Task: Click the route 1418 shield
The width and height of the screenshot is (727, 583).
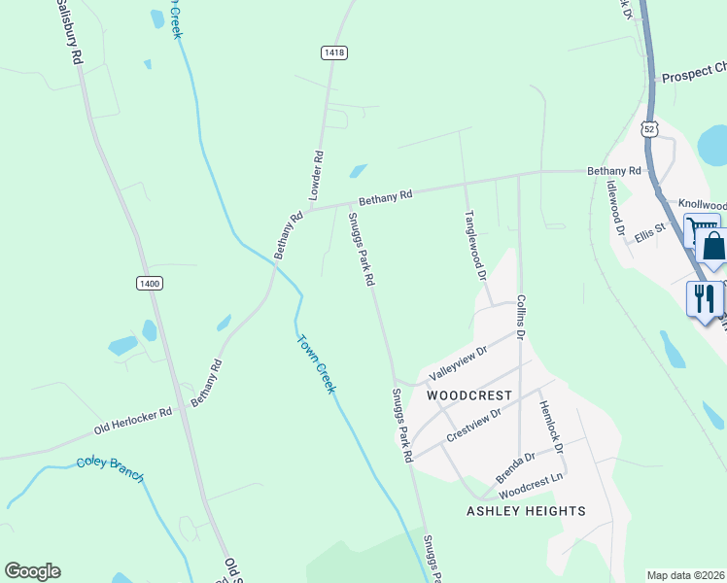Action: point(335,52)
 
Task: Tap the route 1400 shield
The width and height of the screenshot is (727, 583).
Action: point(149,283)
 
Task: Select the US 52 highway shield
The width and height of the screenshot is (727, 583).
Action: point(649,128)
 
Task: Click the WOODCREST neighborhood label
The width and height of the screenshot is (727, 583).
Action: point(469,396)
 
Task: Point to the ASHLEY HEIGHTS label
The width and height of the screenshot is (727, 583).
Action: point(526,511)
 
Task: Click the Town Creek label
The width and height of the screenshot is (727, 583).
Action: point(316,363)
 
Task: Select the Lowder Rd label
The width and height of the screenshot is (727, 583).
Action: point(315,175)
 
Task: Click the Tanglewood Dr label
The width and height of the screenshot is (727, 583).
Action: point(474,245)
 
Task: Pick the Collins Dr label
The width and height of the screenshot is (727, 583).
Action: point(521,317)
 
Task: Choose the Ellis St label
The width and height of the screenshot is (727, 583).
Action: point(648,233)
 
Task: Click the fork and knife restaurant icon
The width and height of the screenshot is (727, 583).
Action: point(704,297)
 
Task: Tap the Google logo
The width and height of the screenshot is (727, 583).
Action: point(32,571)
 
